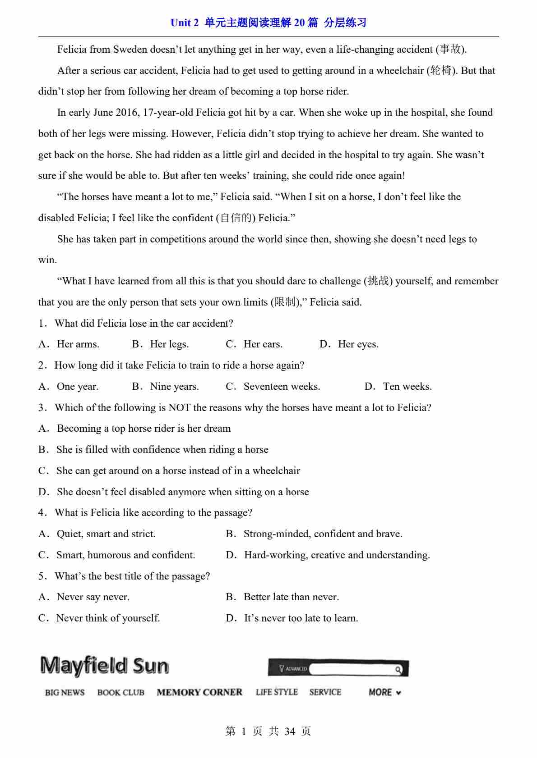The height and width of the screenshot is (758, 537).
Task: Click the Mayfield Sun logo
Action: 104,666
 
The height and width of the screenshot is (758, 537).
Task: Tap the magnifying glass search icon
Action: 398,669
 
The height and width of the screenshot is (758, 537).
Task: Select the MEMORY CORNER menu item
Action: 199,692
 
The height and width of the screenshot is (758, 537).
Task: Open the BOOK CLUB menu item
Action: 121,693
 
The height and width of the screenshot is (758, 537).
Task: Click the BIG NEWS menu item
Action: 65,693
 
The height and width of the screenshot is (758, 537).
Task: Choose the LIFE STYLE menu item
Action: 277,692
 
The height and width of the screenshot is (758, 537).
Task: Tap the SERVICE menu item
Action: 325,692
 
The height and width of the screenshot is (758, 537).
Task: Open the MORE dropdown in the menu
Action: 385,692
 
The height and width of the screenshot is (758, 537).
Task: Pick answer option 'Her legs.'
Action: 169,344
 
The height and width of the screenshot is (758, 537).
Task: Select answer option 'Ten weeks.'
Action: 407,387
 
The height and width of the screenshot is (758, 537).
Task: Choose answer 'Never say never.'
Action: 93,597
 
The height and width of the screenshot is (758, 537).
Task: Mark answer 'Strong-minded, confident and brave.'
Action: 323,534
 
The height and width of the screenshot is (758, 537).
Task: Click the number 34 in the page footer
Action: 290,731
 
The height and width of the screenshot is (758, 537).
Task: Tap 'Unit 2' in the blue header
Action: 185,23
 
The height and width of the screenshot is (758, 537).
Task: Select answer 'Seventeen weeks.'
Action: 282,387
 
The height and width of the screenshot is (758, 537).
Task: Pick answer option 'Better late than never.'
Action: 291,597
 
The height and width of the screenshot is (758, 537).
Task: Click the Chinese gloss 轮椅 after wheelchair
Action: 440,71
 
